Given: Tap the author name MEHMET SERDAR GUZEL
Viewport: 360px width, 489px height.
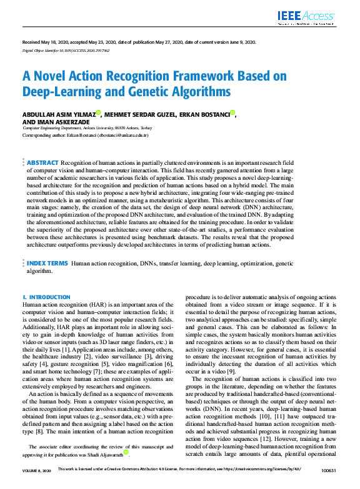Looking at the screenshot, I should (141, 114).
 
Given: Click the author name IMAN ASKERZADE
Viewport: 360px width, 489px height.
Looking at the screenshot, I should (61, 122).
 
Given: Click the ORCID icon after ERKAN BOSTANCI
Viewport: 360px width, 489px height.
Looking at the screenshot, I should (232, 112).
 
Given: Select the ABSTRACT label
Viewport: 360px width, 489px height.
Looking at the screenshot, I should (43, 162).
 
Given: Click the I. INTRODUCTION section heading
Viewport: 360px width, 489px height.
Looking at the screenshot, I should (46, 297).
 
